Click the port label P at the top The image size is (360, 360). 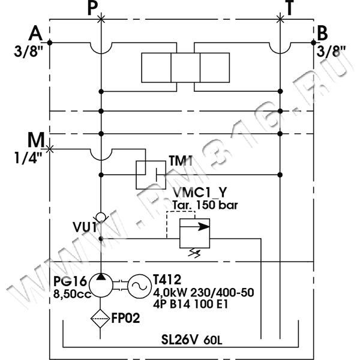coord(91,8)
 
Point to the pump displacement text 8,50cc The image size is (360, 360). coord(71,295)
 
